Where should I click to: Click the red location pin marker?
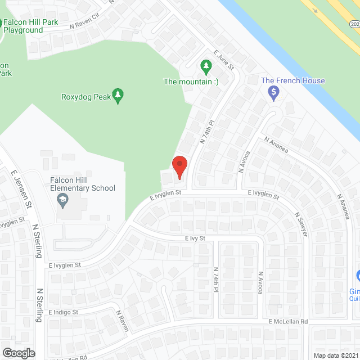(x=179, y=166)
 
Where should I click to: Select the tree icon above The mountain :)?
(x=206, y=67)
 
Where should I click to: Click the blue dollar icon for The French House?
(x=274, y=93)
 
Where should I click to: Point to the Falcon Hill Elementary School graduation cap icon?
(x=63, y=200)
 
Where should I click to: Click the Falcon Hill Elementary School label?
(x=82, y=184)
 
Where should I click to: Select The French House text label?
(x=293, y=80)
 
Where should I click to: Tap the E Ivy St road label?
(x=195, y=238)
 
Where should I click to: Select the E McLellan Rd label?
(x=288, y=322)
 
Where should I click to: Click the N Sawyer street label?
(x=301, y=224)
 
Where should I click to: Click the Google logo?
(x=18, y=353)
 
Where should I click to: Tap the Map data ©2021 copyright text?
(x=335, y=355)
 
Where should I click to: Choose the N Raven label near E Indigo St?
(x=123, y=321)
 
